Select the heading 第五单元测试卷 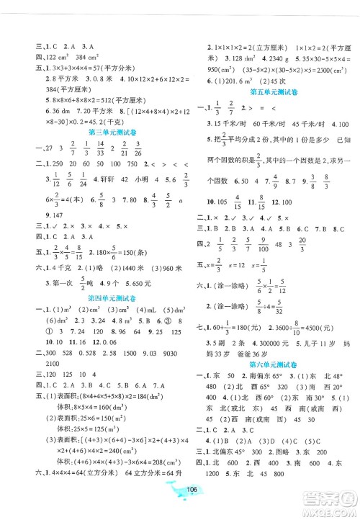pos(274,93)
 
